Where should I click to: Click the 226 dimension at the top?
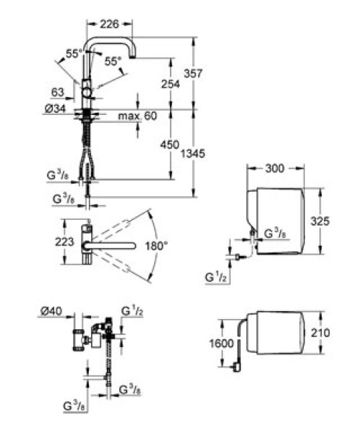tap(109, 24)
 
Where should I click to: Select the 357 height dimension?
tap(193, 73)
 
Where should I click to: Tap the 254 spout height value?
tap(171, 84)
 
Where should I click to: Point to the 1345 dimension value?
tap(193, 153)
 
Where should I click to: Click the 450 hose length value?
tap(170, 145)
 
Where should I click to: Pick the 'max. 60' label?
tap(137, 116)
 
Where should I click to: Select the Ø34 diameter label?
tap(56, 109)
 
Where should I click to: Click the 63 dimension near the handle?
tap(58, 93)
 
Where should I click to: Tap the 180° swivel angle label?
tap(156, 245)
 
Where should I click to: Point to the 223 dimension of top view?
tap(64, 242)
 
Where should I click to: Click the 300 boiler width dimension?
tap(275, 169)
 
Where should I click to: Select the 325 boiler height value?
tap(320, 221)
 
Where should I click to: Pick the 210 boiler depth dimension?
tap(320, 333)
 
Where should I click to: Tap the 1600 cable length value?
tap(221, 344)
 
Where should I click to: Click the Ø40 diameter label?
tap(51, 311)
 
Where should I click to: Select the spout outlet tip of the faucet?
tap(133, 57)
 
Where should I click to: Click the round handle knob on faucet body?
tap(87, 92)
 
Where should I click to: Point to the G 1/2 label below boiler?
tap(216, 276)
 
